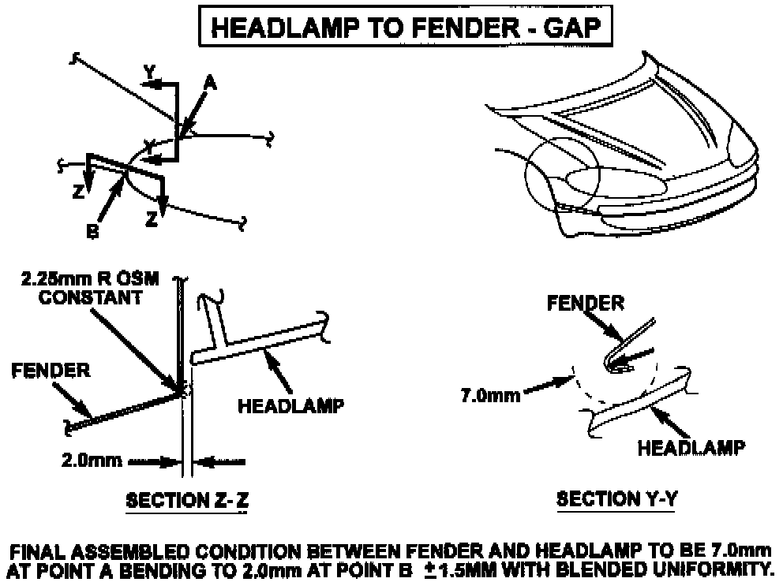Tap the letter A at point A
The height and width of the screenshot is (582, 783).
coord(209,81)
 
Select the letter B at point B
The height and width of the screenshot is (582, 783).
coord(92,233)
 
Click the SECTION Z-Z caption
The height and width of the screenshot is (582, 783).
coord(189,500)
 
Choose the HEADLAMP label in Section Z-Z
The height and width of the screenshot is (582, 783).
coord(290,406)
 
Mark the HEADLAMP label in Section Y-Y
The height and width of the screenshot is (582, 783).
coord(690,448)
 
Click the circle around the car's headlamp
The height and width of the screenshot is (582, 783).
coord(562,180)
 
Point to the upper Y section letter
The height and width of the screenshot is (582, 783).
coord(149,72)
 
